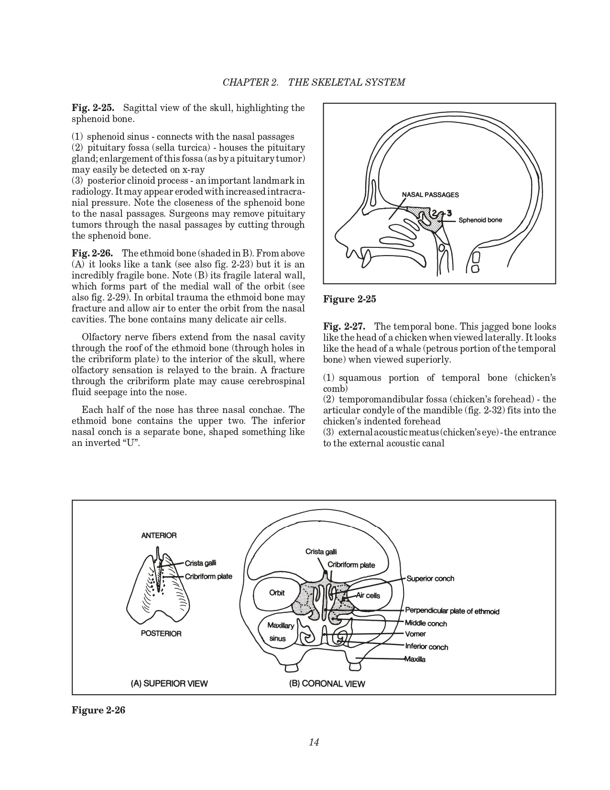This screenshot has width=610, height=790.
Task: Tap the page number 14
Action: [x=314, y=742]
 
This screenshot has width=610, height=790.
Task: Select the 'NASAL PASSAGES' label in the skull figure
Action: [x=430, y=195]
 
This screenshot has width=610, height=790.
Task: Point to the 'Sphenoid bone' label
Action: [x=480, y=220]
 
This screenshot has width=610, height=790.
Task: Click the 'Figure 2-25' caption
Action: [x=349, y=300]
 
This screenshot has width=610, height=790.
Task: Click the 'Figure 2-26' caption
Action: [x=98, y=710]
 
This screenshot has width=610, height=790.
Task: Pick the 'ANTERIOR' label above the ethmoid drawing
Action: [x=159, y=535]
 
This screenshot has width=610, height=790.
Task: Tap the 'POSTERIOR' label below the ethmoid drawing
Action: [x=161, y=634]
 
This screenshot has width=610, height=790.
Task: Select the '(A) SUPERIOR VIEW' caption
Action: [x=169, y=683]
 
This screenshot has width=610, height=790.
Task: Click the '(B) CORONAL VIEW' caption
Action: [x=327, y=684]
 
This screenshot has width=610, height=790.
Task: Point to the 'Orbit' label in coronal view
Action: [x=277, y=593]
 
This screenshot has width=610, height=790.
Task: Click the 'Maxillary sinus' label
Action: [x=280, y=632]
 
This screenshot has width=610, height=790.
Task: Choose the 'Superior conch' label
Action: [x=430, y=579]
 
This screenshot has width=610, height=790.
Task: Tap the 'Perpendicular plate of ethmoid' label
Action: [x=452, y=611]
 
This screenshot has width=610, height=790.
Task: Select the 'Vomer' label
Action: [x=415, y=634]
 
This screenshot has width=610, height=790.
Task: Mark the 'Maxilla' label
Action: [x=414, y=659]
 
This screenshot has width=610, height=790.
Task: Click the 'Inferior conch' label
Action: [x=426, y=647]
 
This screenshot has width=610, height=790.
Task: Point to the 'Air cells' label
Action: [x=368, y=596]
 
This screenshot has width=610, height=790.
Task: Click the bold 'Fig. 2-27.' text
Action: [x=344, y=327]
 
